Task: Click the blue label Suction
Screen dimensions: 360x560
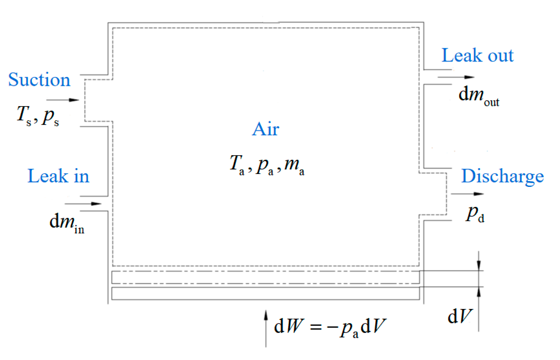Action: (x=39, y=80)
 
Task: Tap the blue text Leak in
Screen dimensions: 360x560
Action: (x=58, y=176)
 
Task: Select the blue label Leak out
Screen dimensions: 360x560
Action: (x=477, y=55)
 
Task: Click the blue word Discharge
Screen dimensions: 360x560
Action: (x=502, y=176)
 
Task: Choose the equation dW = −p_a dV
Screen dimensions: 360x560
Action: (x=330, y=326)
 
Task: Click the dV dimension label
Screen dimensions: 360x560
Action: (x=460, y=316)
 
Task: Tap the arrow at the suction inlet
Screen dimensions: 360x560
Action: (x=63, y=100)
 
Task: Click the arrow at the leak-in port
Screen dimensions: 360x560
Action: (x=83, y=204)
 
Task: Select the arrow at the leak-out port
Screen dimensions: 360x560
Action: (x=456, y=77)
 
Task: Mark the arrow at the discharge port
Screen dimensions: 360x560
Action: (x=467, y=194)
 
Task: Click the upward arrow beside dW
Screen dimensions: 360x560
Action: (x=266, y=329)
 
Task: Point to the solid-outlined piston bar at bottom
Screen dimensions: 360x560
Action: (x=265, y=293)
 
